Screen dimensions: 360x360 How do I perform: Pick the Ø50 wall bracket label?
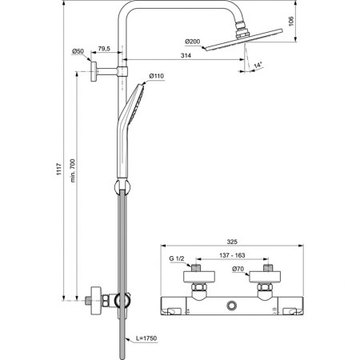click(78, 51)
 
